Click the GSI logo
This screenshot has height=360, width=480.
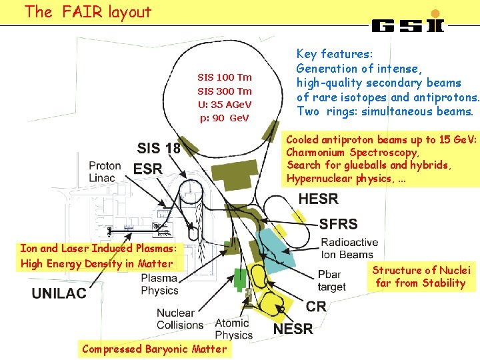[407, 24]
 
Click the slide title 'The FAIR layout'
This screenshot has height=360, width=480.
[88, 12]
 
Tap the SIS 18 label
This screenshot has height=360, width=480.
[159, 149]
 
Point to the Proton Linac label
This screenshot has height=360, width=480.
[105, 171]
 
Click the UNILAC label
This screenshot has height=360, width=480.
[59, 293]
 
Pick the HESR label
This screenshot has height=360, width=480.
[319, 199]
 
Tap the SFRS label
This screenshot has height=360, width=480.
[338, 224]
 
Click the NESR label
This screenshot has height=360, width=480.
[293, 328]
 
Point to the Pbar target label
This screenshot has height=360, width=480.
[331, 281]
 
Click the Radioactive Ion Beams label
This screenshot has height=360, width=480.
[349, 248]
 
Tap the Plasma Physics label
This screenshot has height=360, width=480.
[159, 285]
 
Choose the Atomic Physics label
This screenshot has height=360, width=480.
[233, 329]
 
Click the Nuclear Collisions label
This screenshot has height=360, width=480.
[180, 319]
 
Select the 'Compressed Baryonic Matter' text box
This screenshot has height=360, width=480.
[154, 349]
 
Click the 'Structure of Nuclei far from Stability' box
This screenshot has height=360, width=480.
[421, 277]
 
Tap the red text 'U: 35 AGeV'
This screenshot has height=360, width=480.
[225, 105]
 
